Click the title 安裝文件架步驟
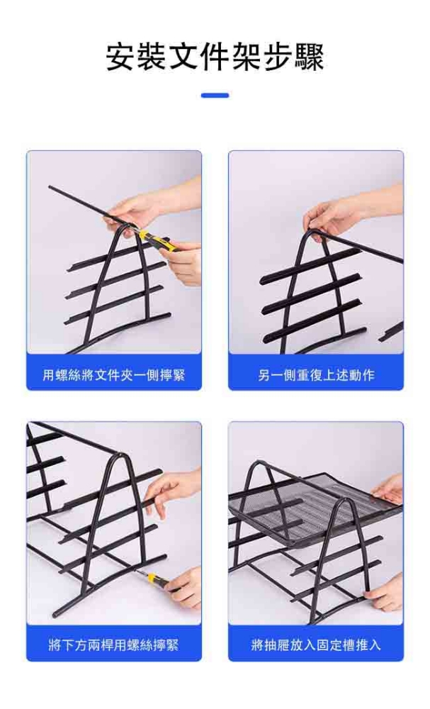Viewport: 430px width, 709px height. coord(215,57)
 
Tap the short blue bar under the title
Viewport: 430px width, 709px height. coord(215,96)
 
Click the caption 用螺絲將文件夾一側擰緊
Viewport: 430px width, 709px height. coord(114,375)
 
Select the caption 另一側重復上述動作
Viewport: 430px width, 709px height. coord(316,375)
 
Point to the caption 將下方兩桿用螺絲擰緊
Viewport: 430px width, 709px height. coord(114,644)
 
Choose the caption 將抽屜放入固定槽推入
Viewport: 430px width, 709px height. coord(316,644)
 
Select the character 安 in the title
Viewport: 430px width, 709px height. coord(121,57)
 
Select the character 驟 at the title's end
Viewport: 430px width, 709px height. coord(310,57)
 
